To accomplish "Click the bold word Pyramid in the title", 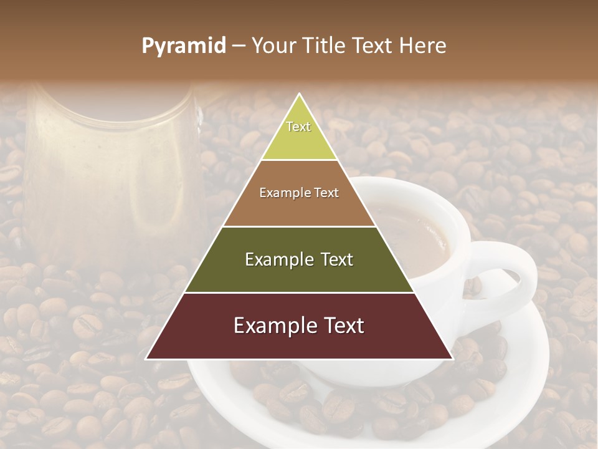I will click(184, 46).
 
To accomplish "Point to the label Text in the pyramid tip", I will click(298, 127).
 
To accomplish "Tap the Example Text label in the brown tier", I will click(299, 193).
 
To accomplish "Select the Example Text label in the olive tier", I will click(299, 259).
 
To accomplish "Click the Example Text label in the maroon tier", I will click(299, 326).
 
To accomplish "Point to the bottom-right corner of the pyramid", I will click(452, 359).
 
